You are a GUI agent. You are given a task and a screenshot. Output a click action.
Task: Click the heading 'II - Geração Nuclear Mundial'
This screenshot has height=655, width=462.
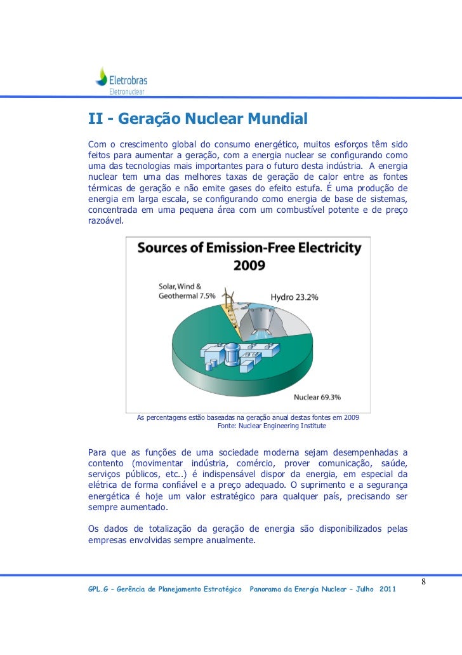point(197,119)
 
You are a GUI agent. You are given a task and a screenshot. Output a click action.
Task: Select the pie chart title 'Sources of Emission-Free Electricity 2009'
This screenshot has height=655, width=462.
point(249,255)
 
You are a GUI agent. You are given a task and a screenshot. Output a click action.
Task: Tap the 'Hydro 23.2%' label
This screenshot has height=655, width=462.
point(294,297)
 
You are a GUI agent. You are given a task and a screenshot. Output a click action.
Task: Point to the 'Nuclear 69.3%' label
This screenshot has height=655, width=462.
point(317,397)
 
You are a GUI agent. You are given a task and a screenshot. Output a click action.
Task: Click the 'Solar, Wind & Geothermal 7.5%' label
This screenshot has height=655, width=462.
point(187,291)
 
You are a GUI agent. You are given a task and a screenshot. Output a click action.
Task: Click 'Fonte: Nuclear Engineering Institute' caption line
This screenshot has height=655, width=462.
point(272,426)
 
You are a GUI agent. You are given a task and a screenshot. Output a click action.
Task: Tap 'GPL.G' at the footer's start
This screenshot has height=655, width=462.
point(98,590)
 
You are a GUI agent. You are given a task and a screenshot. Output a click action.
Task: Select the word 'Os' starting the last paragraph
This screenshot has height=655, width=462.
point(93,529)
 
